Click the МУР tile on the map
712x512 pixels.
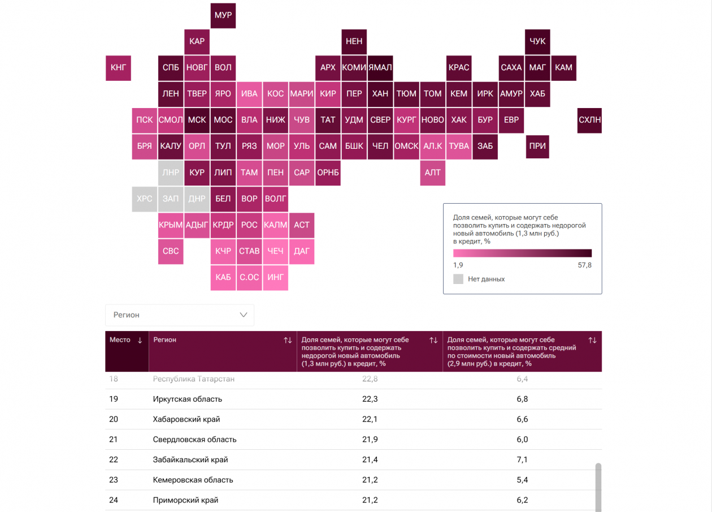pos(223,15)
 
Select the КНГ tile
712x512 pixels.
pos(118,68)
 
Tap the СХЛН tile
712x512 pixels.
pos(589,120)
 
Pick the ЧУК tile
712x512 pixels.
pos(537,42)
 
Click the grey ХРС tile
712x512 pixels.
pos(145,199)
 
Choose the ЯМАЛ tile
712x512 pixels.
pos(380,68)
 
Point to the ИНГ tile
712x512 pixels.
pos(275,278)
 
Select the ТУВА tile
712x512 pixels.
pos(459,146)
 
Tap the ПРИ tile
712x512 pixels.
pos(537,146)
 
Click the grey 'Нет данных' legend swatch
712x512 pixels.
pos(458,279)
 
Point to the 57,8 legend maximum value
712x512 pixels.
pos(584,265)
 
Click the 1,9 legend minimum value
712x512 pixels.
pos(458,265)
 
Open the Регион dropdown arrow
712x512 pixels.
pos(244,315)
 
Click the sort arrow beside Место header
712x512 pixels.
pos(140,341)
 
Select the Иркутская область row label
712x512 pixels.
pos(188,399)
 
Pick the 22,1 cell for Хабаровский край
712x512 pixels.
pos(370,420)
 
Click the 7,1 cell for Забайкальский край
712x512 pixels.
pos(522,460)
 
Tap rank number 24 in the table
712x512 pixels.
pos(114,501)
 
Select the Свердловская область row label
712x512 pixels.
pos(194,440)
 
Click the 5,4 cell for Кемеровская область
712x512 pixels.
pos(522,480)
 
